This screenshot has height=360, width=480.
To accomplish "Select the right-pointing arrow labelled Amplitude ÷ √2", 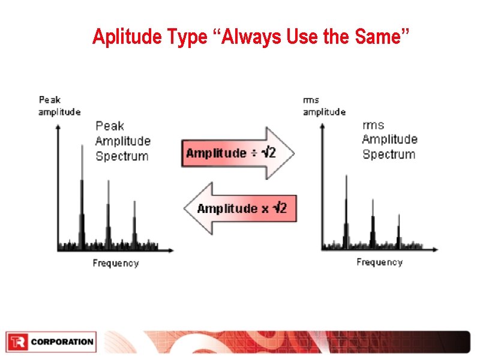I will [x=238, y=153].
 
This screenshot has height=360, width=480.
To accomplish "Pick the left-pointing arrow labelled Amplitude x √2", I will [x=240, y=208].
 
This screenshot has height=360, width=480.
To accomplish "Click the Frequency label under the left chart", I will [x=116, y=263].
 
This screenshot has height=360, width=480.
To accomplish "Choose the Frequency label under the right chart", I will [x=379, y=262].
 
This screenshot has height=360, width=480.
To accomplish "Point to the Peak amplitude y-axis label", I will [x=59, y=106].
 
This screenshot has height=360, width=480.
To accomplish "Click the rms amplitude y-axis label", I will [x=324, y=106].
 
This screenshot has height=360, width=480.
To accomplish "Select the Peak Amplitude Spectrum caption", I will [x=122, y=141].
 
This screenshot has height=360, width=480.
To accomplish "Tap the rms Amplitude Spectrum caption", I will [x=389, y=140].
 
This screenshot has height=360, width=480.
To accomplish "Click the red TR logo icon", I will [x=17, y=342].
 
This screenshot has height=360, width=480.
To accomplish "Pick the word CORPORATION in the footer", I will [x=62, y=342].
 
